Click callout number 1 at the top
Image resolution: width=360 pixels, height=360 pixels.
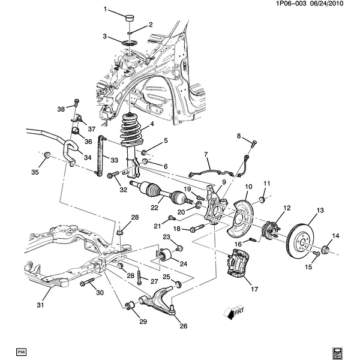(105, 10)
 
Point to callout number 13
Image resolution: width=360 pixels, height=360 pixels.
(320, 211)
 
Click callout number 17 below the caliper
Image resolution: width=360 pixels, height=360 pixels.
(254, 289)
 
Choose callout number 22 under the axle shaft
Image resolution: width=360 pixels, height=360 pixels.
(154, 208)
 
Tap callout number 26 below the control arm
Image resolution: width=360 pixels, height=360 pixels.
(183, 326)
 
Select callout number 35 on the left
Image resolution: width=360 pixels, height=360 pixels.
(35, 173)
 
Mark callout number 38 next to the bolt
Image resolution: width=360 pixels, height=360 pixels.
(61, 109)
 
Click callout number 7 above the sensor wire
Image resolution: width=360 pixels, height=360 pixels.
(205, 154)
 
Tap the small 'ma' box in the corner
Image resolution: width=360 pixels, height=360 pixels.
(22, 351)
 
